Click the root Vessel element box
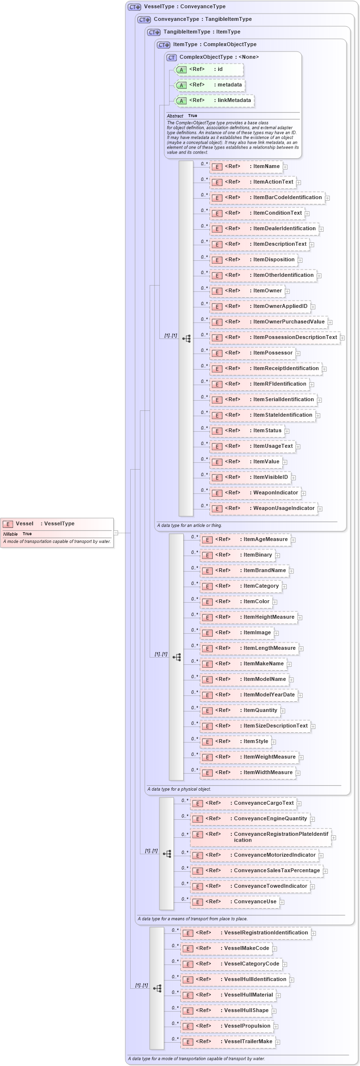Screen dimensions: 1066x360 point(57,524)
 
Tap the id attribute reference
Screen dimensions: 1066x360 point(209,69)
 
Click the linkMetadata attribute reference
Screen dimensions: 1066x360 point(214,101)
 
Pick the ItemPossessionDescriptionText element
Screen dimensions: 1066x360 point(274,338)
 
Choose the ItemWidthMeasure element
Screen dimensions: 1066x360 point(248,773)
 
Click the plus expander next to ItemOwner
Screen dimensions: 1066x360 point(287,291)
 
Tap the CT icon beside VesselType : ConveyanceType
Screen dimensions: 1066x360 point(134,7)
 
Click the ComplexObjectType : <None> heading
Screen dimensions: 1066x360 point(219,57)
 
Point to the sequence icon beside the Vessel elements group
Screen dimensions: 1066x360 point(157,988)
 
